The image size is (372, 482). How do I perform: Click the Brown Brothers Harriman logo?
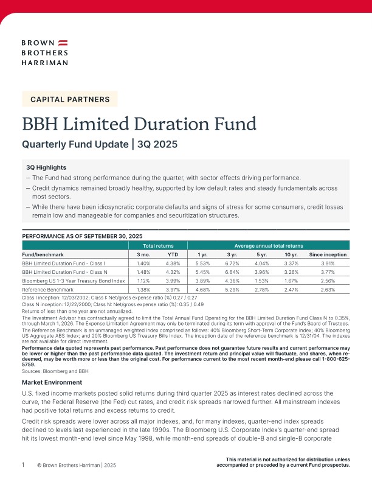tap(44, 52)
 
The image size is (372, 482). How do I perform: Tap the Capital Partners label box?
tap(70, 99)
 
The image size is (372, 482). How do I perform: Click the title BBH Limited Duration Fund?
tap(139, 124)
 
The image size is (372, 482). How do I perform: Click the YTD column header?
tap(173, 254)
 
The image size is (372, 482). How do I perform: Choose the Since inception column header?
tap(328, 254)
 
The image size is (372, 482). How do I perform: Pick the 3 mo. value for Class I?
tap(144, 263)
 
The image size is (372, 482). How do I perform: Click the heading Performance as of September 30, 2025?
tap(82, 236)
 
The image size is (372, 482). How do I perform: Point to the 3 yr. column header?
tap(233, 254)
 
